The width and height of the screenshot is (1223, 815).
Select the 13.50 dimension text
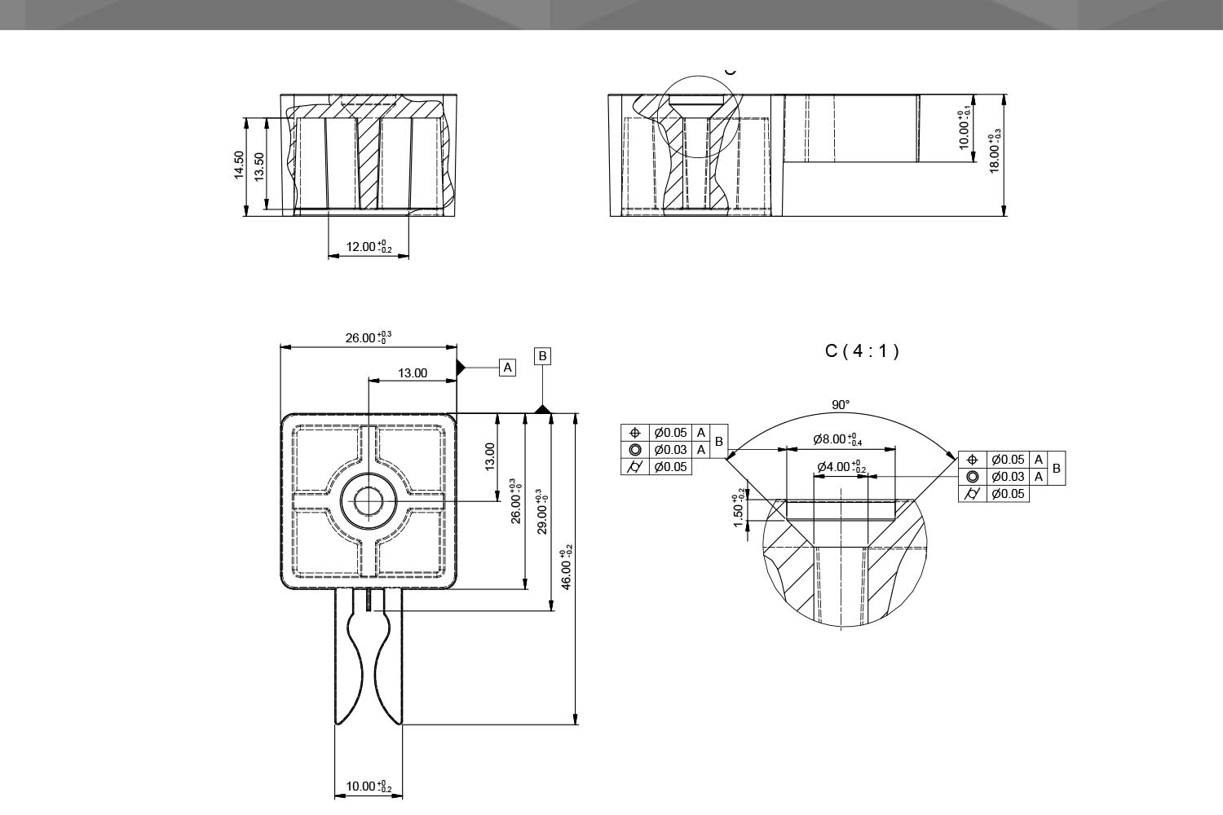click(x=259, y=166)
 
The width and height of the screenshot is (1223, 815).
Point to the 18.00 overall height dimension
click(x=995, y=154)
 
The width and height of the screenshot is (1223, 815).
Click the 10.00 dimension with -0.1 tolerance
click(x=965, y=130)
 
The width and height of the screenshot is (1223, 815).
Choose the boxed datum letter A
click(x=508, y=368)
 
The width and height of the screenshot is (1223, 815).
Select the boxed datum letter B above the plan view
click(x=542, y=356)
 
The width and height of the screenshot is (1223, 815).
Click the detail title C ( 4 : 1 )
click(x=862, y=351)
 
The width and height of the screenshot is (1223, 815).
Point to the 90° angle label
click(x=841, y=405)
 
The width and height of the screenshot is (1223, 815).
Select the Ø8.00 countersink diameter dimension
click(x=837, y=440)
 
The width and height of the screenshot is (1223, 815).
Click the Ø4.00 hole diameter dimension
click(x=841, y=467)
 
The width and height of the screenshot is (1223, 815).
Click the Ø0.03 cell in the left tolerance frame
click(x=670, y=450)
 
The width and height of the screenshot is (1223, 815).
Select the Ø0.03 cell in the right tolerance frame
click(x=1008, y=477)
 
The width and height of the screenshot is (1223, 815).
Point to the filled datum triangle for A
click(x=461, y=368)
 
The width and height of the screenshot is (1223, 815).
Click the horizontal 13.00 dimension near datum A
click(x=413, y=373)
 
